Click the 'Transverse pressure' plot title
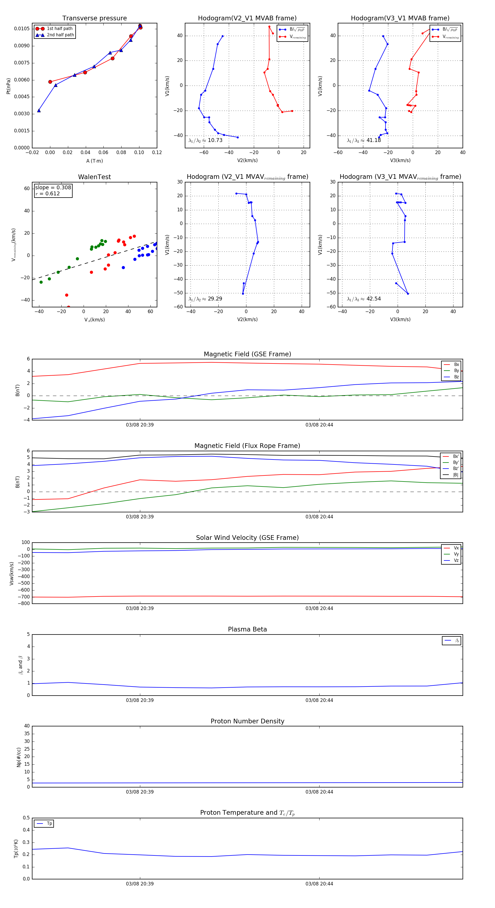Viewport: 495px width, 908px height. coord(94,18)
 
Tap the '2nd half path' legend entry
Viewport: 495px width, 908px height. coord(60,35)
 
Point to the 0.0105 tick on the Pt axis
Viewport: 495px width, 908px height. coord(22,29)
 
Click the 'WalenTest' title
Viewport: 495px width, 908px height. coord(94,177)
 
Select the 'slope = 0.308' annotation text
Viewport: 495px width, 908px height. coord(53,188)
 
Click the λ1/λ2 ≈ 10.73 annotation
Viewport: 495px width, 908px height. coord(205,140)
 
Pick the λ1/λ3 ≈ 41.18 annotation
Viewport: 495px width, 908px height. coord(364,140)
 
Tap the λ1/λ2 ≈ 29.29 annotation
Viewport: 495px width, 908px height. coord(205,299)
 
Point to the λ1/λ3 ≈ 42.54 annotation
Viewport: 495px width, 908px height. coord(364,299)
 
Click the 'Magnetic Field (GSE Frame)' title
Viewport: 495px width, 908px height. coord(247,354)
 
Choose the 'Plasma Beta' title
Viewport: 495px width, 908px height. coord(247,630)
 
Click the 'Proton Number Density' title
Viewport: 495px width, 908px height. coord(247,721)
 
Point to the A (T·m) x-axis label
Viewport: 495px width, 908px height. coord(94,161)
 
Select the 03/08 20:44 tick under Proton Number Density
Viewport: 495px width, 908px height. coord(319,792)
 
